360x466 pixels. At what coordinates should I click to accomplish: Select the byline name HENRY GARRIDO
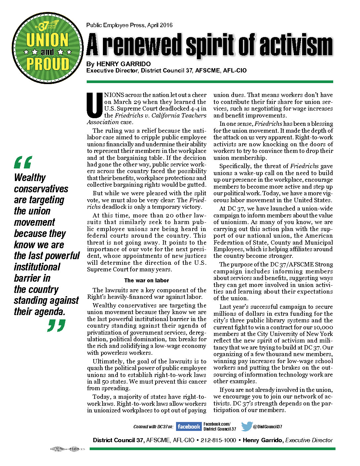click(x=123, y=64)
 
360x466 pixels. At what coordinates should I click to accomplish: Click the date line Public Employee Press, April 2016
click(x=129, y=25)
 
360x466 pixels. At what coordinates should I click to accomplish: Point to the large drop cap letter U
click(x=94, y=106)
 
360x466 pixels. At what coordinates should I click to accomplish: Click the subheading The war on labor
click(x=147, y=280)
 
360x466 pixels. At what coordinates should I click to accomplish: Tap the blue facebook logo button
click(x=188, y=426)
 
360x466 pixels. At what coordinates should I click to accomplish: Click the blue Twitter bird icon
click(x=247, y=426)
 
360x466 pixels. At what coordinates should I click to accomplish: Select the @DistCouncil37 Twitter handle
click(x=268, y=427)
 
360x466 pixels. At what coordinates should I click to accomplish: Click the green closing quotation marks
click(x=56, y=325)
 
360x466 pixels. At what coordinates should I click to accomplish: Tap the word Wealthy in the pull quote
click(x=30, y=178)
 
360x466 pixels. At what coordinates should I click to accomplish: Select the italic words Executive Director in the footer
click(x=309, y=440)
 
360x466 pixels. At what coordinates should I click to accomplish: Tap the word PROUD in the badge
click(x=48, y=64)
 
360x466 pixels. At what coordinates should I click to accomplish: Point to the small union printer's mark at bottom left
click(x=67, y=449)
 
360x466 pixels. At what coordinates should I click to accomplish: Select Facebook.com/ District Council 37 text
click(x=220, y=426)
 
